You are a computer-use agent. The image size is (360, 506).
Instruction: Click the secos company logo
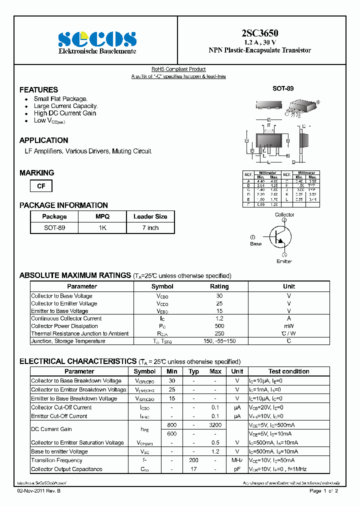click(97, 39)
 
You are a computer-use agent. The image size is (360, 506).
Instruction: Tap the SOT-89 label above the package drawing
click(282, 88)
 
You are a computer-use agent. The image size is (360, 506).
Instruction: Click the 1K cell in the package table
click(102, 227)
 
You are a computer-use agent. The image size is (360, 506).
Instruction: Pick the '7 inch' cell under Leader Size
click(150, 227)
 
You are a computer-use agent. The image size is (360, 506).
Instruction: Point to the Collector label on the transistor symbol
click(284, 214)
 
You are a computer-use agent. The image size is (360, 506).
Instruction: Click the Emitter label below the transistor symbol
click(284, 261)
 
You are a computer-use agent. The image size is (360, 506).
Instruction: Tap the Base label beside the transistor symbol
click(255, 244)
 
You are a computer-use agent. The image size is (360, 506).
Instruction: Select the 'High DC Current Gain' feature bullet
click(64, 113)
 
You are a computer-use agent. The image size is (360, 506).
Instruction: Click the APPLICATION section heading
click(44, 140)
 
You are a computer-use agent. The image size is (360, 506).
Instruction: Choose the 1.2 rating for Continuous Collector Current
click(219, 318)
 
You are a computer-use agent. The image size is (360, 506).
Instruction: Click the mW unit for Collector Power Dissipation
click(289, 326)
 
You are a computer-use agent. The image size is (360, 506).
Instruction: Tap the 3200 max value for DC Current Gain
click(215, 424)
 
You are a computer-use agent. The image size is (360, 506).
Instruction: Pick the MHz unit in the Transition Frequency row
click(237, 460)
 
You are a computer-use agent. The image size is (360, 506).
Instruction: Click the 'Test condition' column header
click(288, 371)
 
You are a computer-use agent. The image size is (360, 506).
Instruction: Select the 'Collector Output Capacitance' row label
click(66, 469)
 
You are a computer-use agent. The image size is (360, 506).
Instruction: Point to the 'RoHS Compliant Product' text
click(178, 69)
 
